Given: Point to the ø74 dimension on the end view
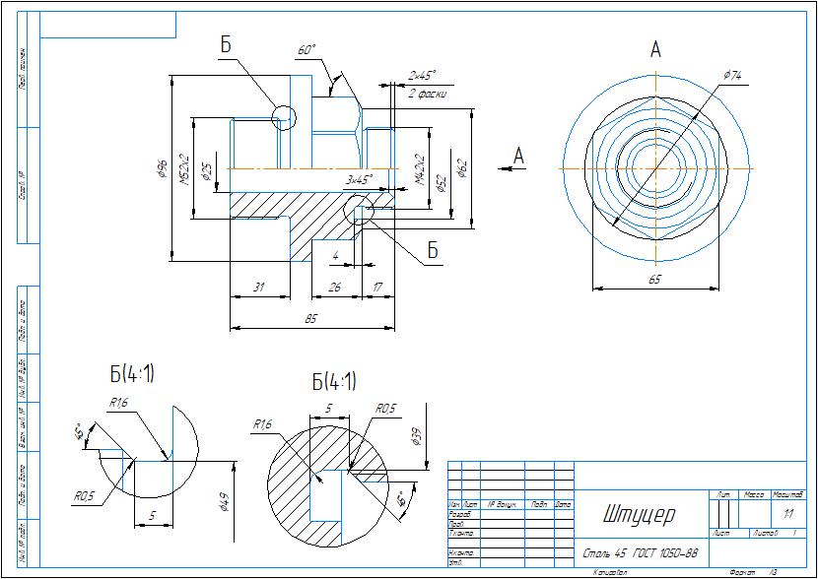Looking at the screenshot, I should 731,75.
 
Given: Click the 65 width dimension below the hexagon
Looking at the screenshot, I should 653,280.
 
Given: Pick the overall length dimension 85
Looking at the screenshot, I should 310,318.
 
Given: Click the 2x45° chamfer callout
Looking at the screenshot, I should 422,75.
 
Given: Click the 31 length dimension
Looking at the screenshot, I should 259,287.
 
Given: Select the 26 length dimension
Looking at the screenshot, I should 335,287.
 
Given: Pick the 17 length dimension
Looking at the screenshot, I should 378,287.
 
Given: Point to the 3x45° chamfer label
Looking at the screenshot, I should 358,180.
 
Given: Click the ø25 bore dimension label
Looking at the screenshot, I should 206,171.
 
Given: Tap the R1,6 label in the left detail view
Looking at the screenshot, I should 120,403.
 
